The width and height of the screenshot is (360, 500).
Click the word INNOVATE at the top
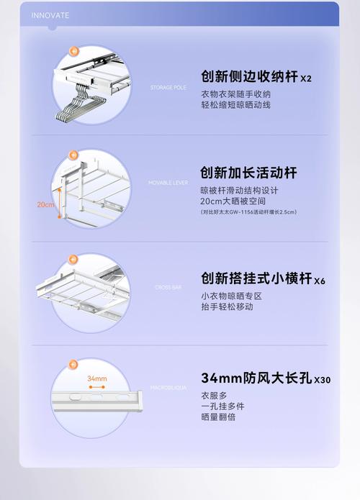point(50,14)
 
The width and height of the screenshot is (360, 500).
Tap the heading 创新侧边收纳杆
point(248,77)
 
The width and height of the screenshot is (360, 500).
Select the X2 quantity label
point(306,78)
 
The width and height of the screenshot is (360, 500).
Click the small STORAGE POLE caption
point(168,87)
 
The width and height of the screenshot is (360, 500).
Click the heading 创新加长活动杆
point(248,173)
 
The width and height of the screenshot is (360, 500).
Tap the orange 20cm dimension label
point(45,204)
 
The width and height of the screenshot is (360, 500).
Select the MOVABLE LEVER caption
point(168,183)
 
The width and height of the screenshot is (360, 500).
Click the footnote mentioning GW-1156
point(248,212)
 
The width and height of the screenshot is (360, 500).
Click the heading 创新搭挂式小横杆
point(254,278)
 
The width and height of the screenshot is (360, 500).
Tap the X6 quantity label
point(318,281)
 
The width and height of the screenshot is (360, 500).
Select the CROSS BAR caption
point(168,287)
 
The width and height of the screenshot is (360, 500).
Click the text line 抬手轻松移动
point(227,307)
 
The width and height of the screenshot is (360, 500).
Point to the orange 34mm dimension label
point(96,378)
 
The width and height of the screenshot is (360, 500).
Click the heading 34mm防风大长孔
point(256,378)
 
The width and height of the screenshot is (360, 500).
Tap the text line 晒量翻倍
point(218,417)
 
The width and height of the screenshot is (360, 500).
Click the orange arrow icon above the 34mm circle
point(73,364)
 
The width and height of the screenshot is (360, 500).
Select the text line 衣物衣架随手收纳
point(235,94)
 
